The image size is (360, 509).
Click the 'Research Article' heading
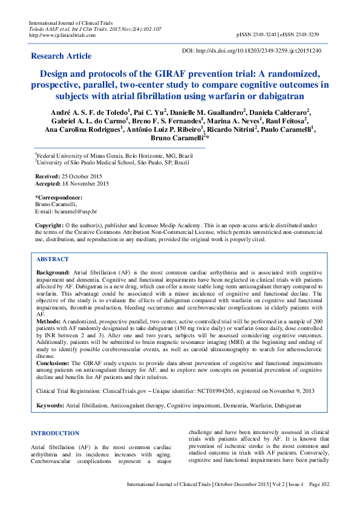61,56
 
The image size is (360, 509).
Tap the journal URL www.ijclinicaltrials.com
62,34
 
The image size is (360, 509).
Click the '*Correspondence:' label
58,197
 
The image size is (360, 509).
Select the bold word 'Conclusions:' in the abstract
53,363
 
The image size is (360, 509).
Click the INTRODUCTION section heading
55,433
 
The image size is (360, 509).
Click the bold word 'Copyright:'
49,225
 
